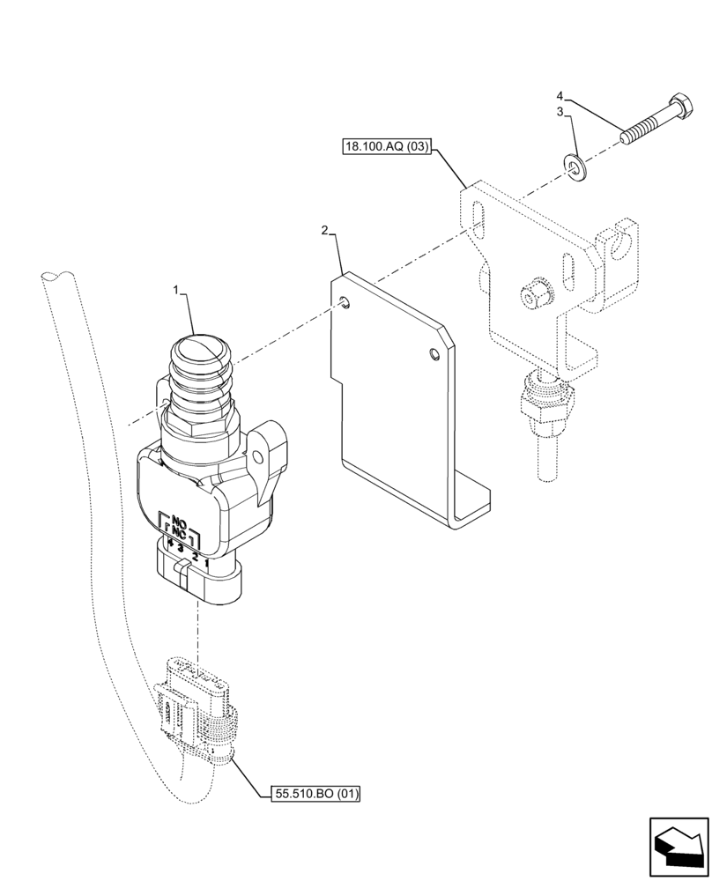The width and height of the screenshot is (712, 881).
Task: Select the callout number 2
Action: click(x=324, y=231)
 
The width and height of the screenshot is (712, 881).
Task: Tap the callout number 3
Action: click(x=559, y=112)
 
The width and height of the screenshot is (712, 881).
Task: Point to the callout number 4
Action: click(x=559, y=94)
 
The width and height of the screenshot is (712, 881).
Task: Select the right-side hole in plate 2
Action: click(x=432, y=354)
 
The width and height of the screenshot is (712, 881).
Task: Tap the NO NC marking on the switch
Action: click(x=179, y=527)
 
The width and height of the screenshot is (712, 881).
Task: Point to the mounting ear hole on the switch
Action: click(x=258, y=455)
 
